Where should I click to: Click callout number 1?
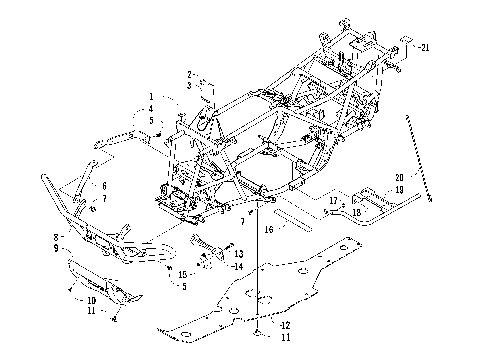[x=150, y=98]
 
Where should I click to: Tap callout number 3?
[x=189, y=87]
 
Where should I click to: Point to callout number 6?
[x=103, y=186]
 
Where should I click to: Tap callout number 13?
[x=238, y=255]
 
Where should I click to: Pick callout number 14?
[x=238, y=267]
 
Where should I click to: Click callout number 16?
[x=268, y=229]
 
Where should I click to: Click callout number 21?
[x=424, y=47]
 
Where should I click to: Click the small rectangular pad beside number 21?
[x=406, y=43]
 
